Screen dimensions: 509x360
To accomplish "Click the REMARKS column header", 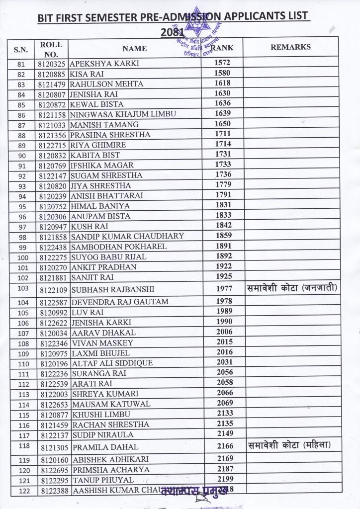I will point(290,47).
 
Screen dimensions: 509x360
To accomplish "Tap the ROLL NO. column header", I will point(51,49).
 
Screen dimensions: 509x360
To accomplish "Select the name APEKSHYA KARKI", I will point(104,64).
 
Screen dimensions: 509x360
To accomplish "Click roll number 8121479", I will point(52,84).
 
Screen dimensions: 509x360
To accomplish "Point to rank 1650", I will point(222,124).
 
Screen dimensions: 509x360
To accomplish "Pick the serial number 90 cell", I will point(21,156).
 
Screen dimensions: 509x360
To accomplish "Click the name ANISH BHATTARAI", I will point(107,196).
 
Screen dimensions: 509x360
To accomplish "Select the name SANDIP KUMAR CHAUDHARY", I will point(127,236).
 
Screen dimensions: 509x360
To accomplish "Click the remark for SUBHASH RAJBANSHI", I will point(292,288).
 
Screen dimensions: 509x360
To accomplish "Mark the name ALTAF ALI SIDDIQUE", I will point(112,363).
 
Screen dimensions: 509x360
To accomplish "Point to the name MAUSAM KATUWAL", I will point(111,404).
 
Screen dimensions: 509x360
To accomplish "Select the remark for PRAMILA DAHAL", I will point(289,445).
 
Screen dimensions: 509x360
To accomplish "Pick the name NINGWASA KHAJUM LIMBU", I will point(123,114).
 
